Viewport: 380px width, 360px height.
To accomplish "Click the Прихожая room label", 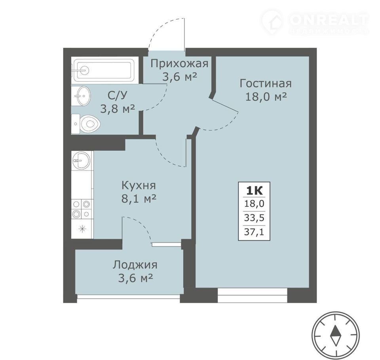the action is click(x=179, y=64).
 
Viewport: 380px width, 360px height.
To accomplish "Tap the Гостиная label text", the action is click(x=266, y=83).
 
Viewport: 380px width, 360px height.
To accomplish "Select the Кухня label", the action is click(x=139, y=186).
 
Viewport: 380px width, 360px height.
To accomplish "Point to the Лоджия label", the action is click(x=135, y=265).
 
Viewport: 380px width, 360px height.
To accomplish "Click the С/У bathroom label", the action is click(x=117, y=96).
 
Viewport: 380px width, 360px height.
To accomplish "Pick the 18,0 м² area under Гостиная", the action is click(x=266, y=97).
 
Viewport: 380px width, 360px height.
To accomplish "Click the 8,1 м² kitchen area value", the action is click(x=139, y=199).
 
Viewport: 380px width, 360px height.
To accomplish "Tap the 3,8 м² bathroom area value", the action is click(x=118, y=109).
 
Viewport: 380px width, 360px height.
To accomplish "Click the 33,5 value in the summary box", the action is click(x=254, y=218).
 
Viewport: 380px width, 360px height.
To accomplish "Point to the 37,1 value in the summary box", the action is click(x=254, y=232).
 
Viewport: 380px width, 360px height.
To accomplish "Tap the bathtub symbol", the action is click(x=103, y=70).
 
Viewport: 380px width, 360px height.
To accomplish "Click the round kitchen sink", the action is click(x=81, y=160).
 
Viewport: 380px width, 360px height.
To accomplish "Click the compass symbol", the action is click(x=336, y=335).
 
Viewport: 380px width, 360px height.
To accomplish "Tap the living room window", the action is click(x=252, y=295).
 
